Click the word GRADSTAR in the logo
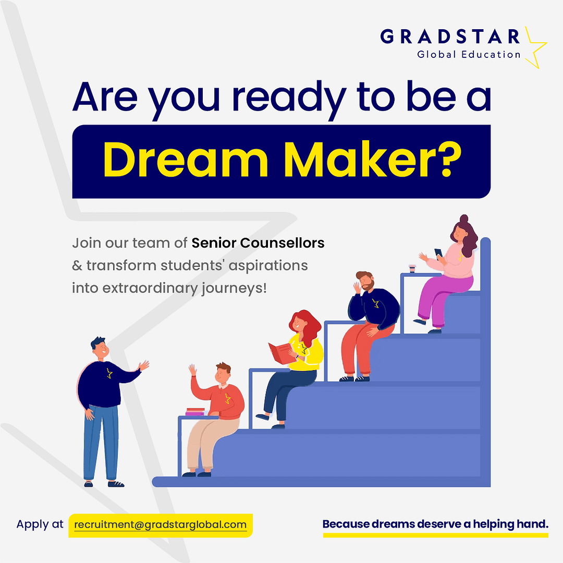(x=450, y=36)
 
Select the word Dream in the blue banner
(x=186, y=160)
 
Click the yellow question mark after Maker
(x=450, y=160)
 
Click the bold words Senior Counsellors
(x=258, y=243)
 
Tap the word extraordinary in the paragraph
(x=150, y=288)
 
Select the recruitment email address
(x=160, y=525)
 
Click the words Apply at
(x=40, y=524)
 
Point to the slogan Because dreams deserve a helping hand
(x=435, y=524)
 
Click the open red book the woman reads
(x=281, y=352)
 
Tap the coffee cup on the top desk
(x=412, y=268)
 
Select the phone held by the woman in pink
(x=438, y=253)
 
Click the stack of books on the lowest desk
(x=195, y=412)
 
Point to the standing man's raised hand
(x=144, y=365)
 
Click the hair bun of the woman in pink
(x=464, y=218)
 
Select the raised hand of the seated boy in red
(x=193, y=370)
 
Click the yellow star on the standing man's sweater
(x=109, y=373)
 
